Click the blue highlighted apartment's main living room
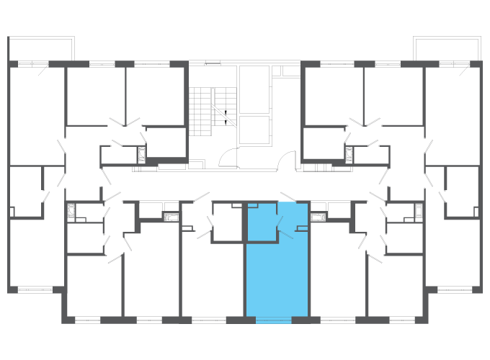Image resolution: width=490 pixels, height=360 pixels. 277,277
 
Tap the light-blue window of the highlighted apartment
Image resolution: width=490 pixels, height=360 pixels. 274,320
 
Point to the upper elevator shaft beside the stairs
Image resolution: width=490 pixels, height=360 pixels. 253,89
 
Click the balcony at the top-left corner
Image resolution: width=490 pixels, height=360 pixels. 41,49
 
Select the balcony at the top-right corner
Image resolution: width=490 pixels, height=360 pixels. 447,49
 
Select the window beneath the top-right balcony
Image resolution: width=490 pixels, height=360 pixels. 458,65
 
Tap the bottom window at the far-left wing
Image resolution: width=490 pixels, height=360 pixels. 35,290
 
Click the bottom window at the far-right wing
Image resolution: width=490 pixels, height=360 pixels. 454,290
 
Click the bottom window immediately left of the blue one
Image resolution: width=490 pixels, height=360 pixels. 209,320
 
